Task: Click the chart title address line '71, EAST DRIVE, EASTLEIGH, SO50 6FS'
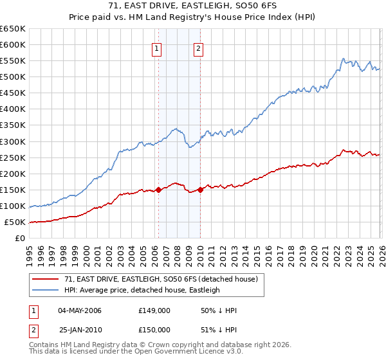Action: point(192,6)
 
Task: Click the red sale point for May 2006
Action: point(158,190)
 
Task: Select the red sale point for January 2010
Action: point(201,190)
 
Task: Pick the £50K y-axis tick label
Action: point(15,222)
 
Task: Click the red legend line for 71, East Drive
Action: point(46,279)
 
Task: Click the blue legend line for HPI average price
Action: point(46,290)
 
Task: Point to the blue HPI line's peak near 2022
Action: point(344,59)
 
